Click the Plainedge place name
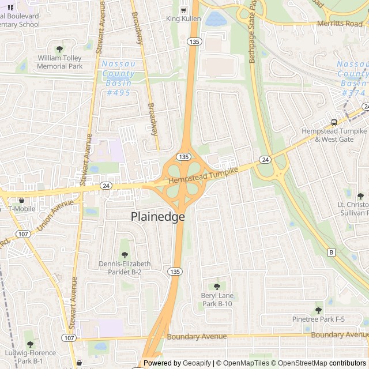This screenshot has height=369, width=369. tap(158, 217)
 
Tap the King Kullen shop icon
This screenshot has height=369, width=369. tap(183, 10)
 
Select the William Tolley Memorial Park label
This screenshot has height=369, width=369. tap(60, 62)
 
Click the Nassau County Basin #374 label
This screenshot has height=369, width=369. tap(352, 78)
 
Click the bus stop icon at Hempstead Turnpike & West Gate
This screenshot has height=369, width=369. tap(334, 122)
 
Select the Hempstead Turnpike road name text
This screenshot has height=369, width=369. tap(202, 175)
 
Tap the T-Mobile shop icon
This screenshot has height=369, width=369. tap(21, 199)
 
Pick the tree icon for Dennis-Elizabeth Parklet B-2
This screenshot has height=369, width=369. tap(125, 255)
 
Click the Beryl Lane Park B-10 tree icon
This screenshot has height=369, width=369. tap(217, 287)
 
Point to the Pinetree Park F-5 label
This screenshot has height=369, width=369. tap(318, 319)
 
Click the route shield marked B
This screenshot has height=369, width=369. tap(331, 253)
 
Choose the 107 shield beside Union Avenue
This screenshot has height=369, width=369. tap(24, 234)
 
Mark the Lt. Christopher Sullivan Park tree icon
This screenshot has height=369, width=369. tap(360, 196)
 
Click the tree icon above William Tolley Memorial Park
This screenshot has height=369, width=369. tap(59, 49)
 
